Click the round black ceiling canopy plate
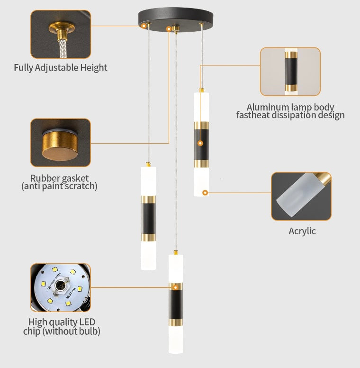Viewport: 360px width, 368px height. (176, 16)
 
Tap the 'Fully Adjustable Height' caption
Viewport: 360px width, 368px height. (60, 67)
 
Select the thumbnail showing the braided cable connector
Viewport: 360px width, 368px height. (60, 35)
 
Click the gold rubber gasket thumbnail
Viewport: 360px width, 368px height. (60, 142)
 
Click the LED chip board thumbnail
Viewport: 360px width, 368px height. (60, 288)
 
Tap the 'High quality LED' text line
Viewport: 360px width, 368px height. (62, 322)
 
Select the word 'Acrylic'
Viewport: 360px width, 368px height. (302, 231)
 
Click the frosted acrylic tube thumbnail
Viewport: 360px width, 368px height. (301, 196)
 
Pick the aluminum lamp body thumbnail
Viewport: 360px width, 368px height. (290, 71)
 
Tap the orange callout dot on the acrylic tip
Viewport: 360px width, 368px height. (205, 193)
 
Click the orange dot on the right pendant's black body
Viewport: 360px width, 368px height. (200, 143)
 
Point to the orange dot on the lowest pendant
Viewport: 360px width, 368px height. (175, 286)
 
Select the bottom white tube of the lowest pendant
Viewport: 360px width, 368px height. (175, 339)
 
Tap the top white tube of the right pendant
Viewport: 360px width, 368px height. (201, 107)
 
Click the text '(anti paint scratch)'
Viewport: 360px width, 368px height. (59, 186)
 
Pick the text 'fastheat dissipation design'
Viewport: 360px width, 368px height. (290, 115)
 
